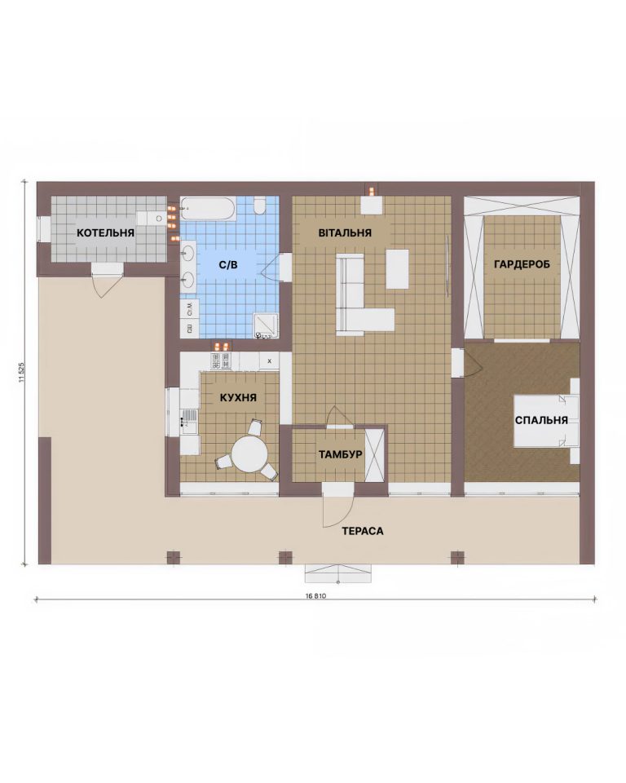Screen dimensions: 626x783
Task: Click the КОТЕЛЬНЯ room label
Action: (105, 232)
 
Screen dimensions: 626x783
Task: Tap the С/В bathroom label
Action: (228, 265)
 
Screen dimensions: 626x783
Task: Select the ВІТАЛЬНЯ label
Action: (345, 232)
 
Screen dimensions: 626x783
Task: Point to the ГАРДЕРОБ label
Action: (522, 264)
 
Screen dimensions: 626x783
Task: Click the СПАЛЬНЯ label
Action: (541, 421)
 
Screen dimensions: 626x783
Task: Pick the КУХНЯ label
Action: (238, 398)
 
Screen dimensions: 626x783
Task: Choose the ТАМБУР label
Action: (341, 455)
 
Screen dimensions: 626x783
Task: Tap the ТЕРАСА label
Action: (363, 531)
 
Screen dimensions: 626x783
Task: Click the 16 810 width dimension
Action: (315, 596)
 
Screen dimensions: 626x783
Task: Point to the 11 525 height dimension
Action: (21, 372)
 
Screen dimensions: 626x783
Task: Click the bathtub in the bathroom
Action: (208, 209)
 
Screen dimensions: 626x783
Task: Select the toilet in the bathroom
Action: (259, 206)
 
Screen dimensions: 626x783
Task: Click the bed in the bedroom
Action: (547, 421)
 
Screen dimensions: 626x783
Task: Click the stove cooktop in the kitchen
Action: (221, 361)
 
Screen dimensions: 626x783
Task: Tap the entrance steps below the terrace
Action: (338, 573)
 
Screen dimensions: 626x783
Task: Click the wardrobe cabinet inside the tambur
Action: (374, 455)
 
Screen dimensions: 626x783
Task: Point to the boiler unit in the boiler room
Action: (152, 219)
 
